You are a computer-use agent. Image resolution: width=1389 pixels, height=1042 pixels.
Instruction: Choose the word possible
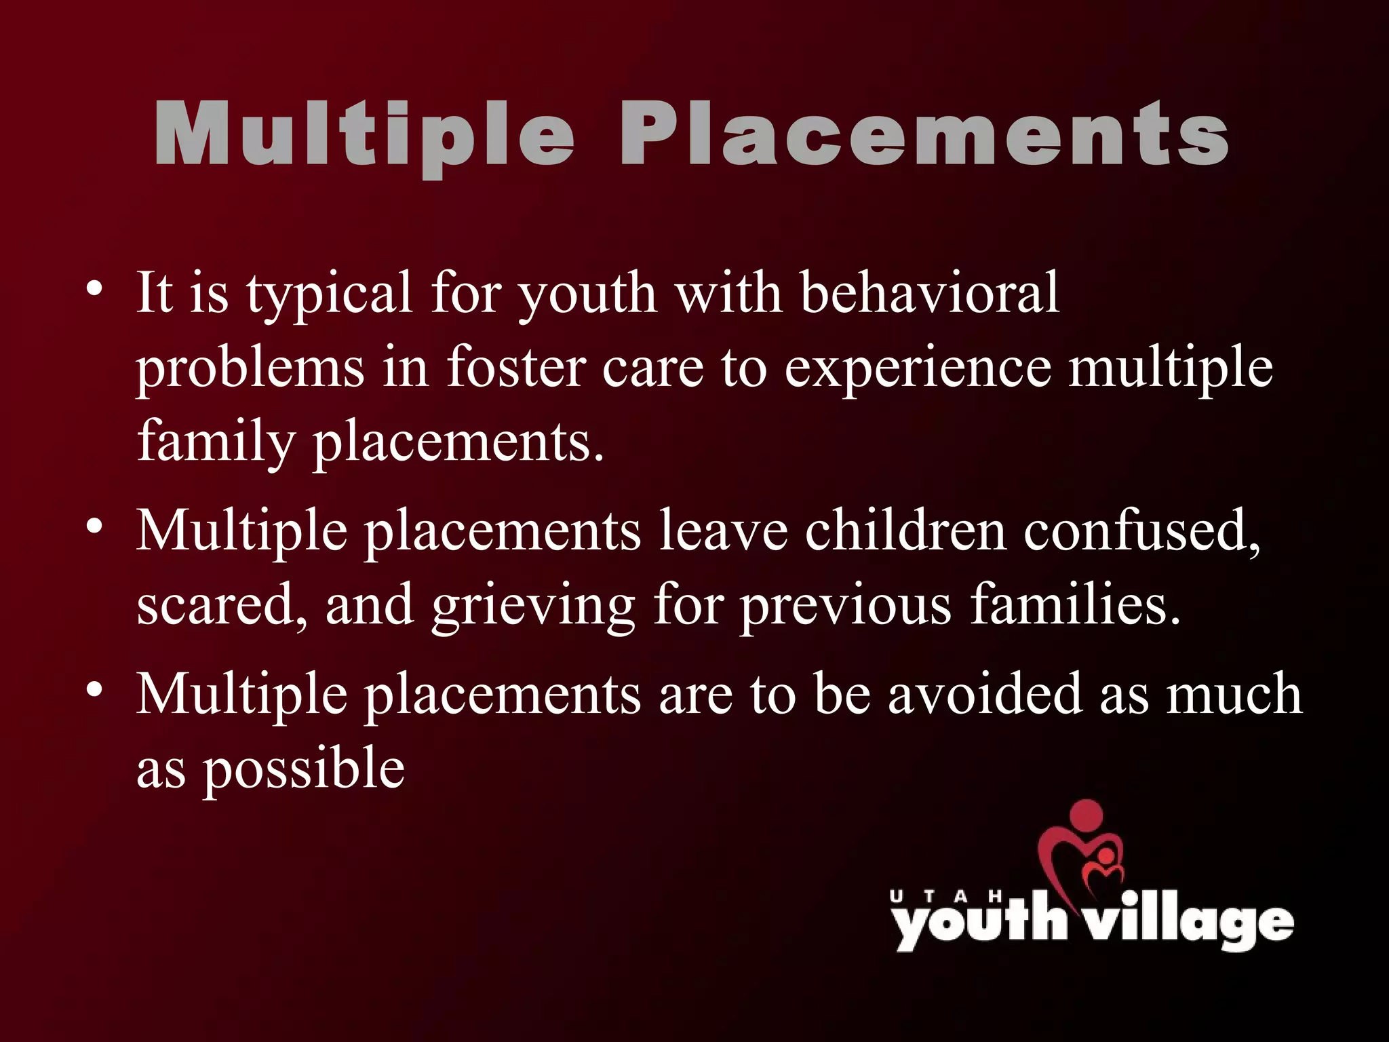coord(304,770)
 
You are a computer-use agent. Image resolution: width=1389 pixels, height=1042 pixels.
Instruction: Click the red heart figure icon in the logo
coord(1082,851)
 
